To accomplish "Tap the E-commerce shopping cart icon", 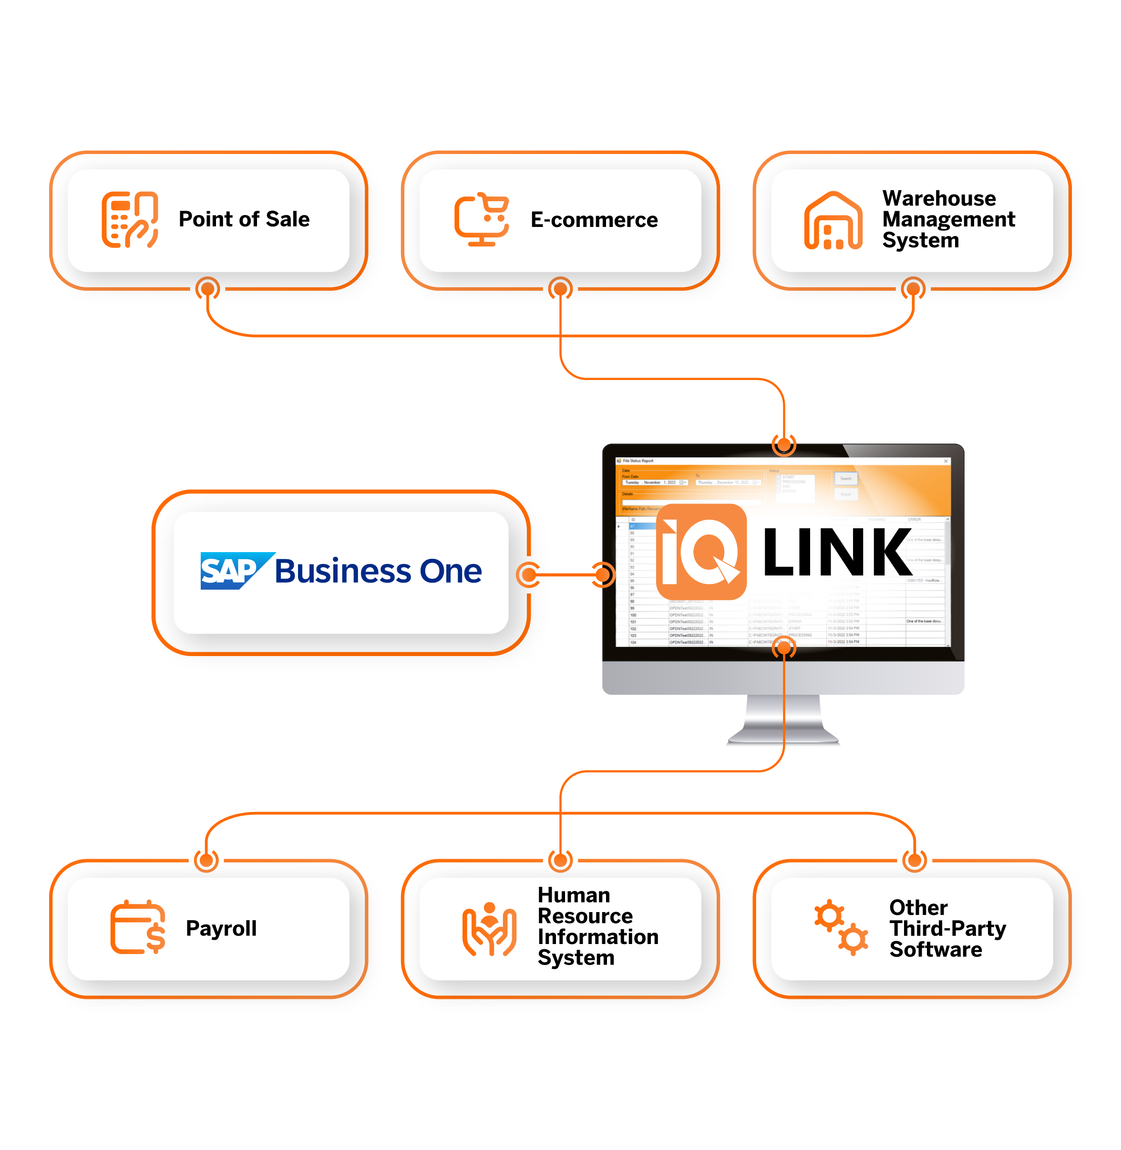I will [x=481, y=220].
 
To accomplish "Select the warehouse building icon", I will [x=833, y=221].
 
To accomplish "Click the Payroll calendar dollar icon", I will [x=138, y=927].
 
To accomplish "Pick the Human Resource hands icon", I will [x=489, y=929].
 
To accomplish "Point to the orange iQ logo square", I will [x=700, y=552].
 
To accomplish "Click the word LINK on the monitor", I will [x=837, y=552].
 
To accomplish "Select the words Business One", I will [x=378, y=571].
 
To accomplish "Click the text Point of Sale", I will [x=244, y=219].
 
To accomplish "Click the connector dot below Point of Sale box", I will [x=207, y=288].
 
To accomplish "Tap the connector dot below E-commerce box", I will [x=560, y=288].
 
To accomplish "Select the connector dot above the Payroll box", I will [x=206, y=860].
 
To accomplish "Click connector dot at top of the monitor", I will [x=783, y=444].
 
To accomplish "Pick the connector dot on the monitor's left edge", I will [x=602, y=574].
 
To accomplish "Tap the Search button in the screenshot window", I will [x=845, y=479].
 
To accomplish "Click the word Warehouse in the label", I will [x=939, y=198].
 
